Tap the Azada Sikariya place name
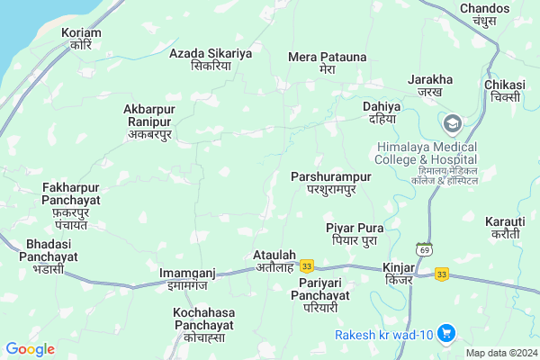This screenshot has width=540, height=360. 211,59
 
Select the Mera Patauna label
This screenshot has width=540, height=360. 328,62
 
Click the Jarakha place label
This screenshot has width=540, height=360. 429,85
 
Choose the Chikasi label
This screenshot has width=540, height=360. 504,91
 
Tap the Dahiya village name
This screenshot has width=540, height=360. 381,112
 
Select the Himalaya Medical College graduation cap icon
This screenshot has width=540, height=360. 452,122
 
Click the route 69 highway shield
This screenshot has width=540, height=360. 423,247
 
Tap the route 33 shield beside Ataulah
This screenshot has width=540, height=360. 307,265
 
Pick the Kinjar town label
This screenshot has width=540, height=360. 398,274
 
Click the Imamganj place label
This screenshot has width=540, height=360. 187,278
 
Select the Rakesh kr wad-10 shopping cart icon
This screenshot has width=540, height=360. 445,334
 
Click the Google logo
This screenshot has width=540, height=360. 30,348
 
